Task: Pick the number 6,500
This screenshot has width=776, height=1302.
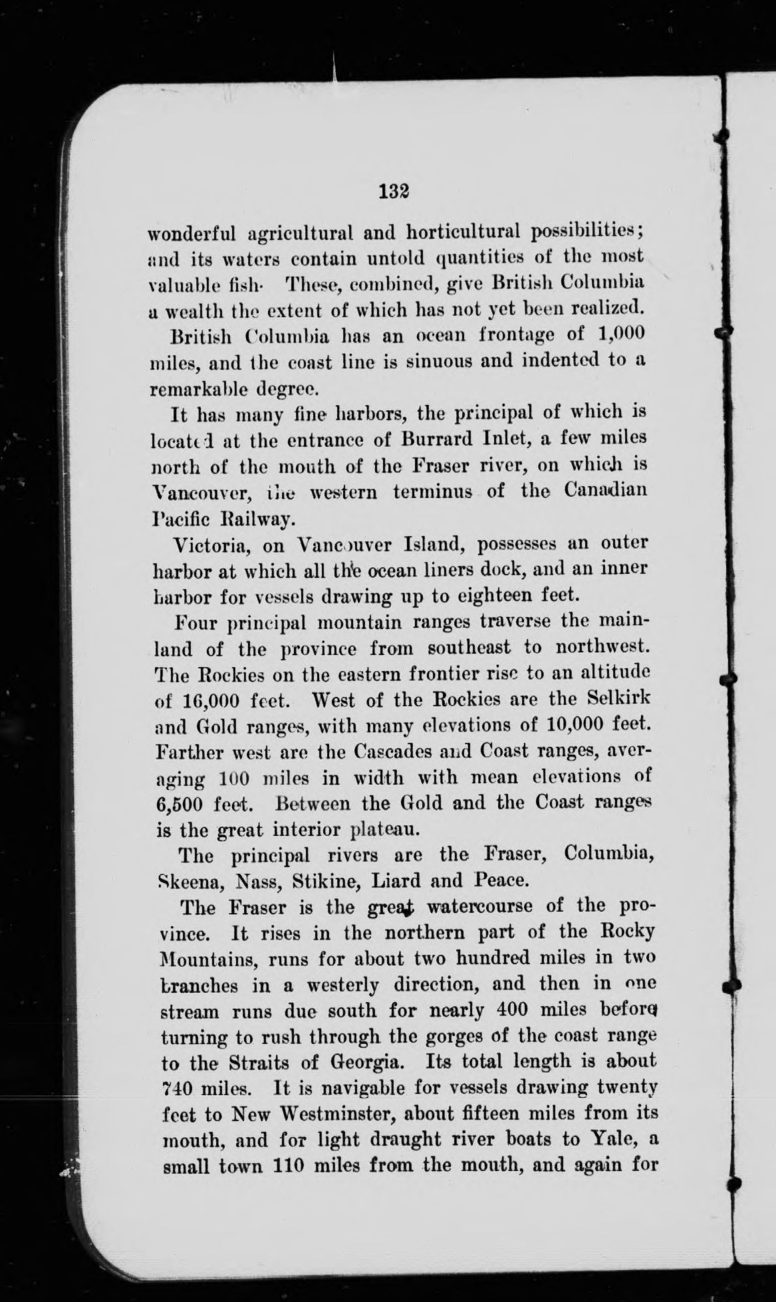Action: click(x=182, y=804)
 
